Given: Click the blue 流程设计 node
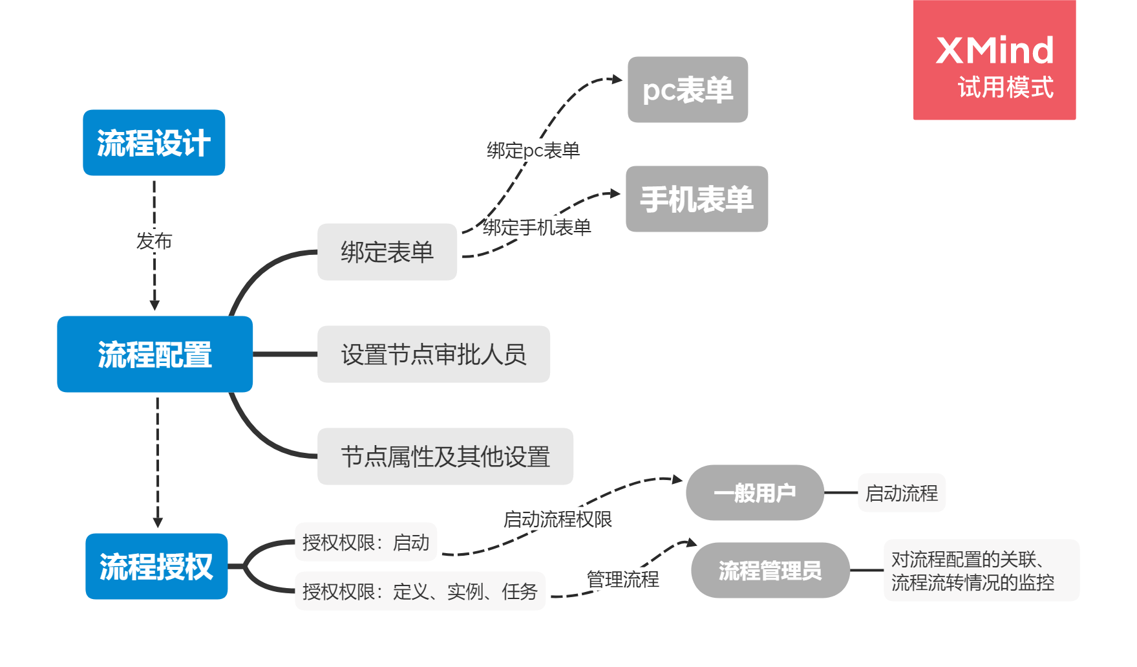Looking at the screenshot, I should click(154, 143).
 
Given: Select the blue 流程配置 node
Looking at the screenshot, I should click(155, 355).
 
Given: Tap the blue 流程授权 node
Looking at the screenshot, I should click(156, 567).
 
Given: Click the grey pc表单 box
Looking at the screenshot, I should click(688, 90).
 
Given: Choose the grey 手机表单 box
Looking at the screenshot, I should click(697, 199).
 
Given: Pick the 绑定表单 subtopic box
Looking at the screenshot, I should click(387, 252).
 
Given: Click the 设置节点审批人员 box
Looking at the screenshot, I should click(434, 355).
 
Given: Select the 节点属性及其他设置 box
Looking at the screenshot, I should click(445, 457).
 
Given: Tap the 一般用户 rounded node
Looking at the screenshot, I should click(754, 493).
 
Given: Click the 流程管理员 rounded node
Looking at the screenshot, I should click(770, 571).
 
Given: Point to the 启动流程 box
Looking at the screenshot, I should click(902, 493).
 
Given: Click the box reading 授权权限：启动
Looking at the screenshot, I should click(366, 542).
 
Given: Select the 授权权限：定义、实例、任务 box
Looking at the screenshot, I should click(420, 591).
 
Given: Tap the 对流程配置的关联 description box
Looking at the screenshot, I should click(981, 571).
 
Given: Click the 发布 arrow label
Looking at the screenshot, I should click(154, 241).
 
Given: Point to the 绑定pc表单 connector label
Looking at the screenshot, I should click(533, 151).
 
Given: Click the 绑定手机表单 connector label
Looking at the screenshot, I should click(537, 228).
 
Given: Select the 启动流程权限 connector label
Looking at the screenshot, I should click(557, 519).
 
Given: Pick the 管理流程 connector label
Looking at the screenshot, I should click(622, 579).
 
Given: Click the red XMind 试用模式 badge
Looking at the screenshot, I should click(994, 60).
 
